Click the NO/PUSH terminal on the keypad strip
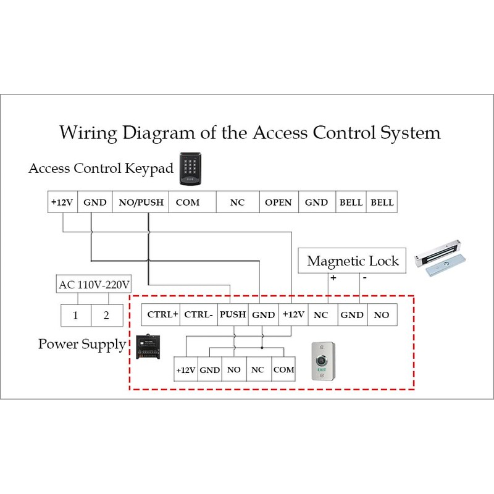coord(141,203)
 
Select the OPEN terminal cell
coord(278,203)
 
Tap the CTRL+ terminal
coord(162,315)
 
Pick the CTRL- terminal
coord(199,315)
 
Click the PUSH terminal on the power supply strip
coord(233,315)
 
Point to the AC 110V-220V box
coord(94,285)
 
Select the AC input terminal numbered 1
coord(75,316)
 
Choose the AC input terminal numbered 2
coord(106,316)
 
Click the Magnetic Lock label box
coord(353,261)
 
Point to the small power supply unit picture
coord(149,347)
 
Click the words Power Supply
coord(82,344)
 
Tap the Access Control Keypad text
coord(101,169)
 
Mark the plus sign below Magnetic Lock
coord(333,278)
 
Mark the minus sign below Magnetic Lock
coord(364,278)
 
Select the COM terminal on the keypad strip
coord(188,203)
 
